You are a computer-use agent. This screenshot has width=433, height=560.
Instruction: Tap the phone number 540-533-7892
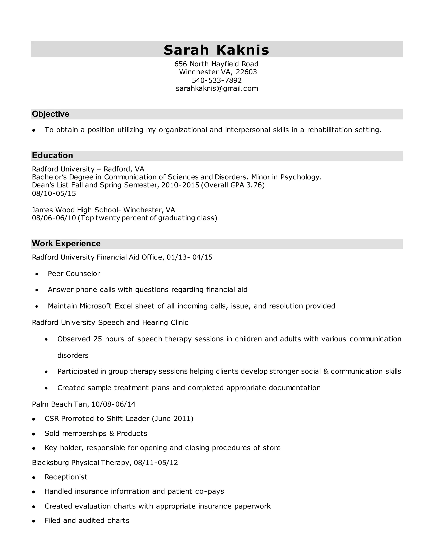[x=217, y=80]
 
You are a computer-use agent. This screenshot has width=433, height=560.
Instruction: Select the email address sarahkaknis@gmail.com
[x=217, y=89]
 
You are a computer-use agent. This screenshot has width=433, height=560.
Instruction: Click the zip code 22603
[x=246, y=72]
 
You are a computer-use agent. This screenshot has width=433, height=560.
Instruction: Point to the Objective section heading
[x=51, y=114]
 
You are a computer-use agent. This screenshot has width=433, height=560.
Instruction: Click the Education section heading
[x=52, y=155]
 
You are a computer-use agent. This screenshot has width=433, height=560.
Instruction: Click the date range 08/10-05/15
[x=54, y=193]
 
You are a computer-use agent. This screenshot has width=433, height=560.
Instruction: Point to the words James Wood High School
[x=75, y=210]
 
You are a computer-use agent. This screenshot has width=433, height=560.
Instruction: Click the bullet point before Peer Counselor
[x=37, y=274]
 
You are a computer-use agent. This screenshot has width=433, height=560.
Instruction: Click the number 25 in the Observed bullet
[x=98, y=339]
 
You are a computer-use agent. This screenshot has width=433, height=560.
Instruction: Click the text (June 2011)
[x=173, y=418]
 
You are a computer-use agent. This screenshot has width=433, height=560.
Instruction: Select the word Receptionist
[x=66, y=477]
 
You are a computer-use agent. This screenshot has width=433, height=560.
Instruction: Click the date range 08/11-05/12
[x=156, y=463]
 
